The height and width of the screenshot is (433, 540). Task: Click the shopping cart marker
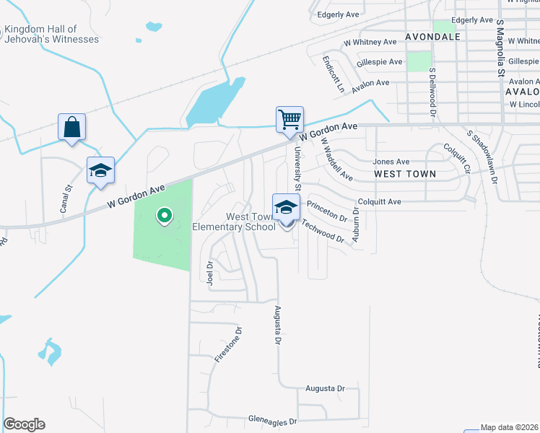pos(289,119)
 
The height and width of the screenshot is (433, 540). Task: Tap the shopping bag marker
pos(72,128)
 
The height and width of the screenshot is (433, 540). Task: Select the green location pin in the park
pos(164,215)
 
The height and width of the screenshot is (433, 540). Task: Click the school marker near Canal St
pos(101,171)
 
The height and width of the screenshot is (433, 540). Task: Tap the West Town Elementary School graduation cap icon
pos(286,208)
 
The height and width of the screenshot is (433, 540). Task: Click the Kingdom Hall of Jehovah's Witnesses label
pos(51,34)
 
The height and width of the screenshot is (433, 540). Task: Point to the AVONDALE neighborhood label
pos(432,36)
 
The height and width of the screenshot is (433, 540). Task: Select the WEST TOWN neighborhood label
pos(405,174)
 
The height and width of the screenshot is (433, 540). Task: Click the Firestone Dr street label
pos(228,344)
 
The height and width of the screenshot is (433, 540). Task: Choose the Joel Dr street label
pos(210,273)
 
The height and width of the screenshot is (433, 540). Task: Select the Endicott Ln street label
pos(333,74)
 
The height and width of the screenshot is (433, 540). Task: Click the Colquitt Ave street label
pos(378,202)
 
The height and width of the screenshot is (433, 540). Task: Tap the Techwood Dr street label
pos(323,231)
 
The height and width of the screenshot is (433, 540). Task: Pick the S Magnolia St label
pos(500,48)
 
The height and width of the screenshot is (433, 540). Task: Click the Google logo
pos(24,424)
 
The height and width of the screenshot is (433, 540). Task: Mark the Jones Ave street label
pos(391,162)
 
